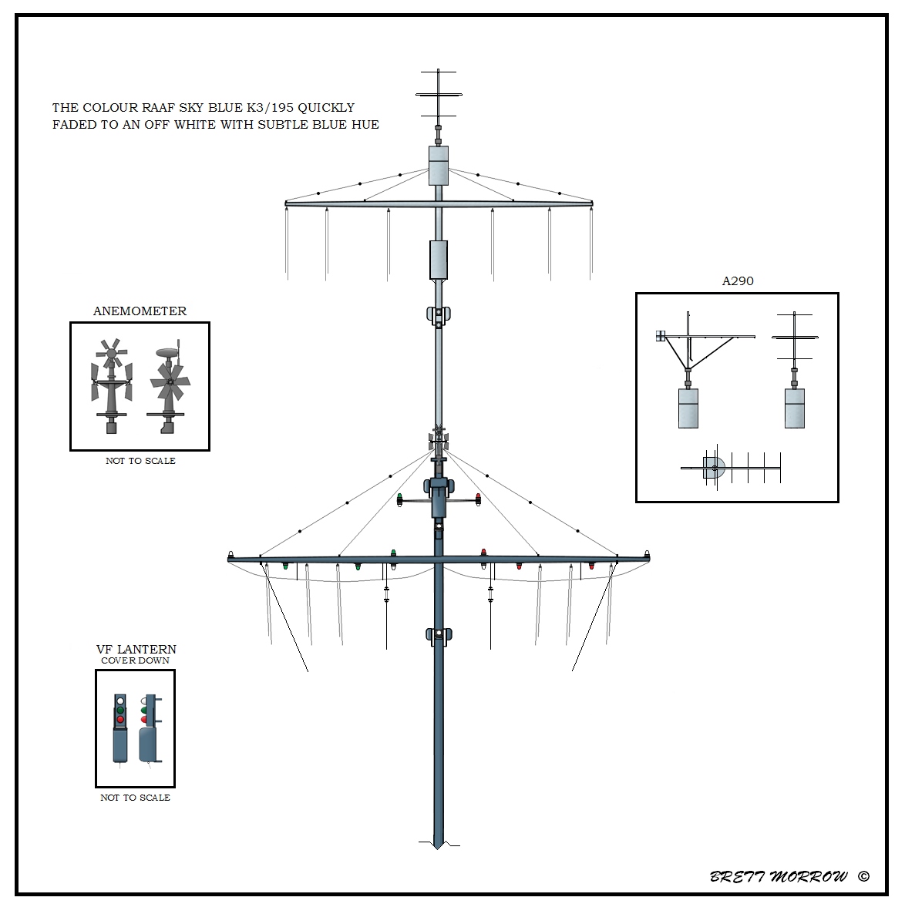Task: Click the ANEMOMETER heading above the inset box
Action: point(140,311)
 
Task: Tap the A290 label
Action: point(738,281)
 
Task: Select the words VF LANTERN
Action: point(136,649)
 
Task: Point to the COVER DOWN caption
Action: point(135,660)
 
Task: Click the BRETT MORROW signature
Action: point(779,877)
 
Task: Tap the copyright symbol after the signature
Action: point(863,876)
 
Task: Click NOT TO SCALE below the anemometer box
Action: point(140,461)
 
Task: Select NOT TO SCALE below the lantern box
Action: point(135,798)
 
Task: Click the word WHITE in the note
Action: point(197,125)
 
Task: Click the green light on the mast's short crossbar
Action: point(400,499)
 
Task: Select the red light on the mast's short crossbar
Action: point(478,499)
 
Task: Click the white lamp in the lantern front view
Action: point(120,701)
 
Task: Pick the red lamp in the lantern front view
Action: point(120,719)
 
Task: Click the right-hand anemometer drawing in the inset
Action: point(169,389)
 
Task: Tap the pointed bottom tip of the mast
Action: point(438,848)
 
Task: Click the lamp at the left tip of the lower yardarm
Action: point(231,554)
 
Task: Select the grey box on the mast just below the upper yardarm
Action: point(439,260)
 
